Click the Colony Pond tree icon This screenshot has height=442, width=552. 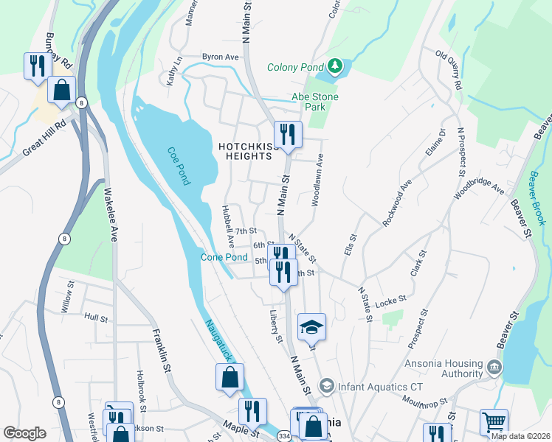pyautogui.click(x=335, y=67)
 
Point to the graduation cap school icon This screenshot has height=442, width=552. pyautogui.click(x=311, y=326)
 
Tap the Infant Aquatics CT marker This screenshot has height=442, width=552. pyautogui.click(x=325, y=386)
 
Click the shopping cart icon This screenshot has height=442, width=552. pyautogui.click(x=494, y=422)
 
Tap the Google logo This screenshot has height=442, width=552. pyautogui.click(x=24, y=433)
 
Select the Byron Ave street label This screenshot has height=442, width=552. pyautogui.click(x=221, y=57)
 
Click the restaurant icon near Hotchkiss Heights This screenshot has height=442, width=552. pyautogui.click(x=288, y=134)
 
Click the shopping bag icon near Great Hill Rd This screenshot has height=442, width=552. pyautogui.click(x=63, y=90)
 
